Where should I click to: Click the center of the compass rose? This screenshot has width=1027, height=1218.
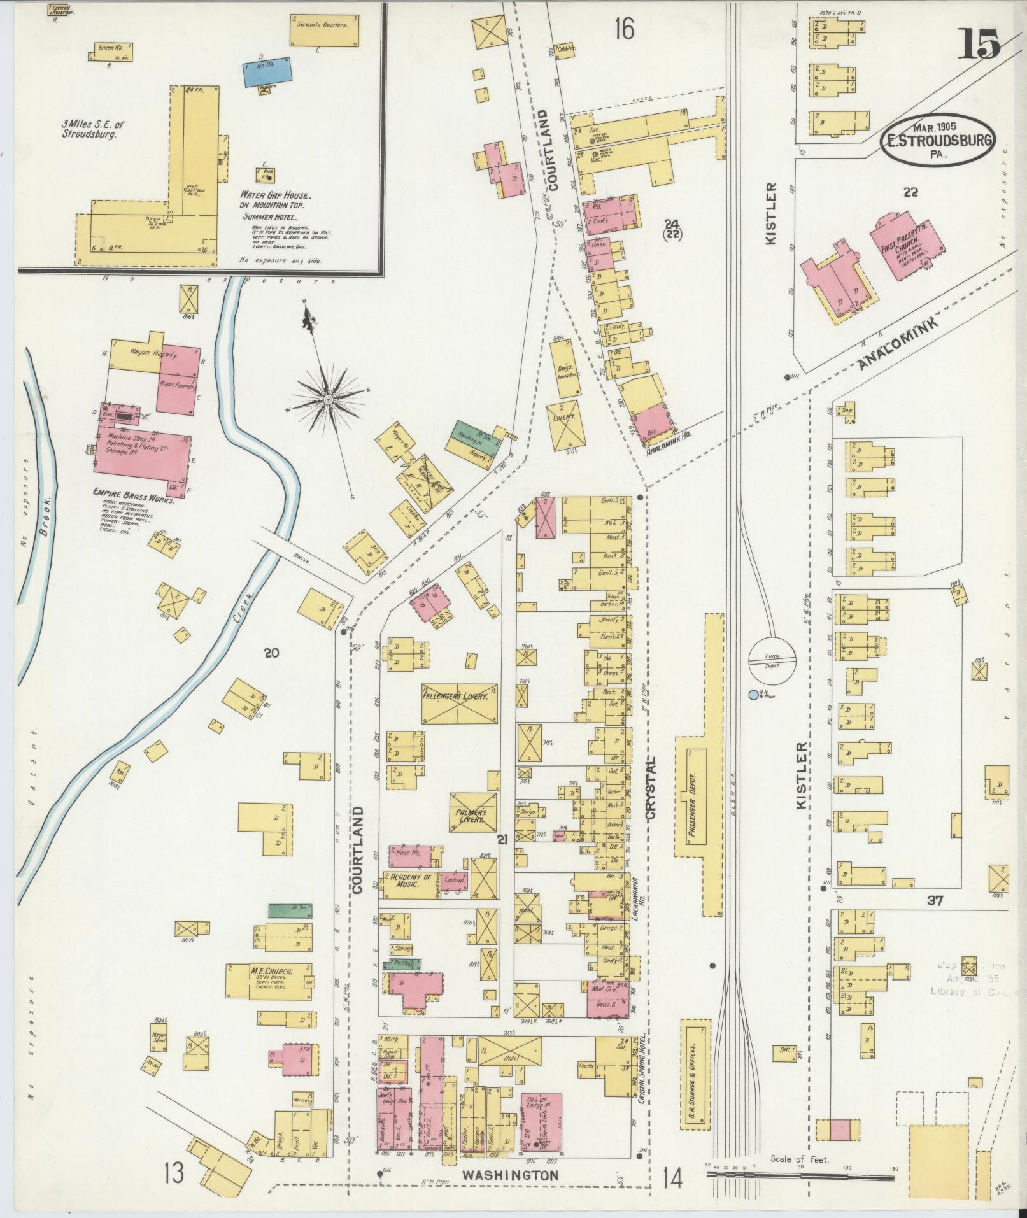(328, 399)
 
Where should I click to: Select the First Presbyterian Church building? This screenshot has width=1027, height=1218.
(907, 244)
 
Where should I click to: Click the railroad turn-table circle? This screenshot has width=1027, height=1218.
(772, 658)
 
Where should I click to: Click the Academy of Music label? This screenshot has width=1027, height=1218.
(412, 881)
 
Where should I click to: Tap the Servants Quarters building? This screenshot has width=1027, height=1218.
(325, 29)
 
